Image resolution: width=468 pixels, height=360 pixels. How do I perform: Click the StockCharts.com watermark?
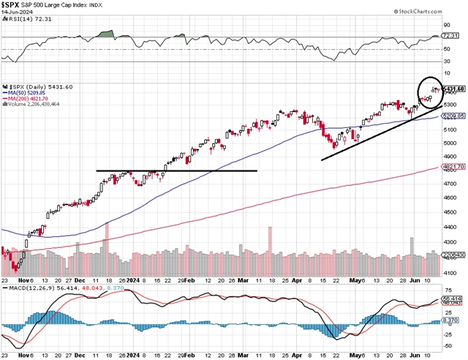click(x=437, y=12)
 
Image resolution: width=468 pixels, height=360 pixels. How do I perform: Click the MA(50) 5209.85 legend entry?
click(x=30, y=94)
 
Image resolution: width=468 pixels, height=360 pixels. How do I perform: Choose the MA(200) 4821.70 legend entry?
click(x=32, y=99)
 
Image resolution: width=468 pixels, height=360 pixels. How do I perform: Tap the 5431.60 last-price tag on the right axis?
click(x=455, y=89)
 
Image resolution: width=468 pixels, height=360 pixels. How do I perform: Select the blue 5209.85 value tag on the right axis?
click(x=454, y=116)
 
